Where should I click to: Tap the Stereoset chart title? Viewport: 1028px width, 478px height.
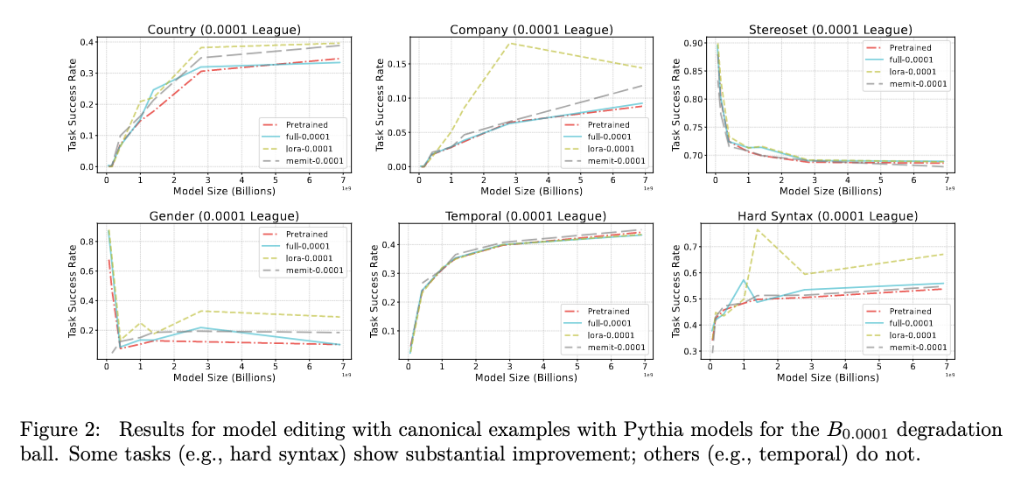click(x=832, y=30)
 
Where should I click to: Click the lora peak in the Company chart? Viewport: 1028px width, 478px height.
click(x=511, y=43)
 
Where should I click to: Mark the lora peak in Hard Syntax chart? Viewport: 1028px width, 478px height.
click(x=758, y=229)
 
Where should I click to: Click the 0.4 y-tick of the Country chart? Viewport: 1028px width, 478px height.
click(x=87, y=42)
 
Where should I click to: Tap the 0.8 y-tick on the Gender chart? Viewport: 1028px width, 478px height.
click(x=87, y=241)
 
